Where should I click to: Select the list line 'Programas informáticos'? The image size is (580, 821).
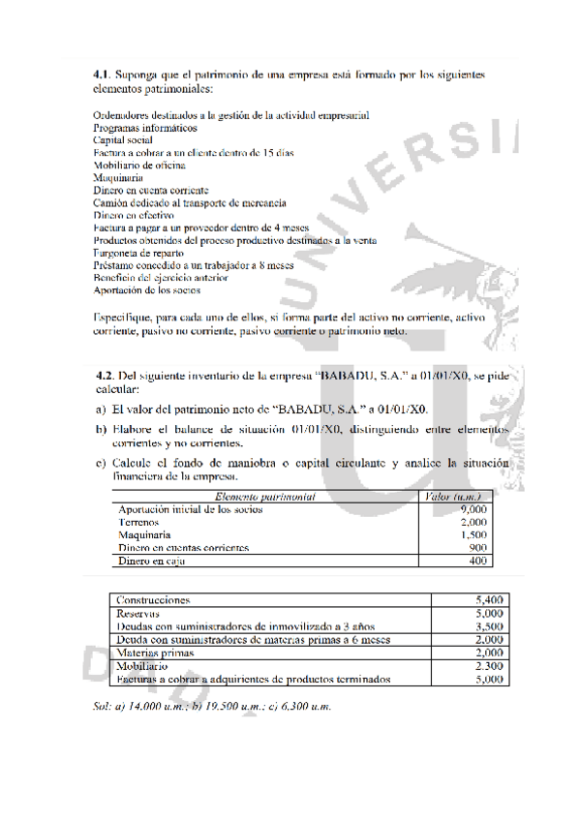pyautogui.click(x=145, y=127)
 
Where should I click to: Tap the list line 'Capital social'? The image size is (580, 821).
pyautogui.click(x=124, y=139)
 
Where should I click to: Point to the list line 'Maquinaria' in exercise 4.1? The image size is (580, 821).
pyautogui.click(x=118, y=178)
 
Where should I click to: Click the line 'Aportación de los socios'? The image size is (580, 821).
pyautogui.click(x=146, y=289)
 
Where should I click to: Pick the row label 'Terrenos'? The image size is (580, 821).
pyautogui.click(x=138, y=522)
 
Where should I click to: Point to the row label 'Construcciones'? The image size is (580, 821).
pyautogui.click(x=153, y=600)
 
